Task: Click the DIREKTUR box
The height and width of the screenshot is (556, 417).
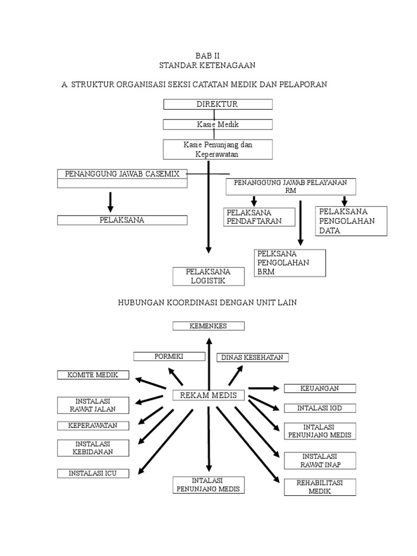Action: (x=217, y=104)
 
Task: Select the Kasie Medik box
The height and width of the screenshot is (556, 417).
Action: (x=217, y=124)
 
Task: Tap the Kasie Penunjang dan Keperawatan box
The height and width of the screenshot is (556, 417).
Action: (x=217, y=149)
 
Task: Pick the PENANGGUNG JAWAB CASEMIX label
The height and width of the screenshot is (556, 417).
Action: (x=122, y=174)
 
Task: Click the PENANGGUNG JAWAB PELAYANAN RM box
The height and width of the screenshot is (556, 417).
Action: (x=290, y=186)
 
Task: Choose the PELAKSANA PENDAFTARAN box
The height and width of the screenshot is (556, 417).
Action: (x=259, y=217)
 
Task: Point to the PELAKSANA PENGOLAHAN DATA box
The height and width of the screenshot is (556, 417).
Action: (x=351, y=220)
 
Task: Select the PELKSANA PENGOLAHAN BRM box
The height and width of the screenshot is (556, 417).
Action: (x=290, y=263)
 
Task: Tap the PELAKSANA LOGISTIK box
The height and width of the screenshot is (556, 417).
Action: (x=208, y=276)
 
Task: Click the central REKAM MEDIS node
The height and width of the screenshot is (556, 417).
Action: (x=208, y=395)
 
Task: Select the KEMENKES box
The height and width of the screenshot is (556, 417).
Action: (x=208, y=326)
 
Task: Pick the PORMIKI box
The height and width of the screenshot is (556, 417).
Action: (x=168, y=356)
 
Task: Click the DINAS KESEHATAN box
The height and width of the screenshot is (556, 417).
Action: (x=252, y=357)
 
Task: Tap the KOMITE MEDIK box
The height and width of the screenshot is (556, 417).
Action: (x=93, y=375)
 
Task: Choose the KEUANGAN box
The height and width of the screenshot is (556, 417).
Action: (x=320, y=388)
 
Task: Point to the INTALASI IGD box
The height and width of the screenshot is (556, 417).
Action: (x=320, y=408)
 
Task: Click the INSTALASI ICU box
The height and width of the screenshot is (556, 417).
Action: (x=93, y=473)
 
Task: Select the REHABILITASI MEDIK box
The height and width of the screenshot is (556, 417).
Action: (x=320, y=486)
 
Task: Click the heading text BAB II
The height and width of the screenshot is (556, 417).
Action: (x=207, y=55)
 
